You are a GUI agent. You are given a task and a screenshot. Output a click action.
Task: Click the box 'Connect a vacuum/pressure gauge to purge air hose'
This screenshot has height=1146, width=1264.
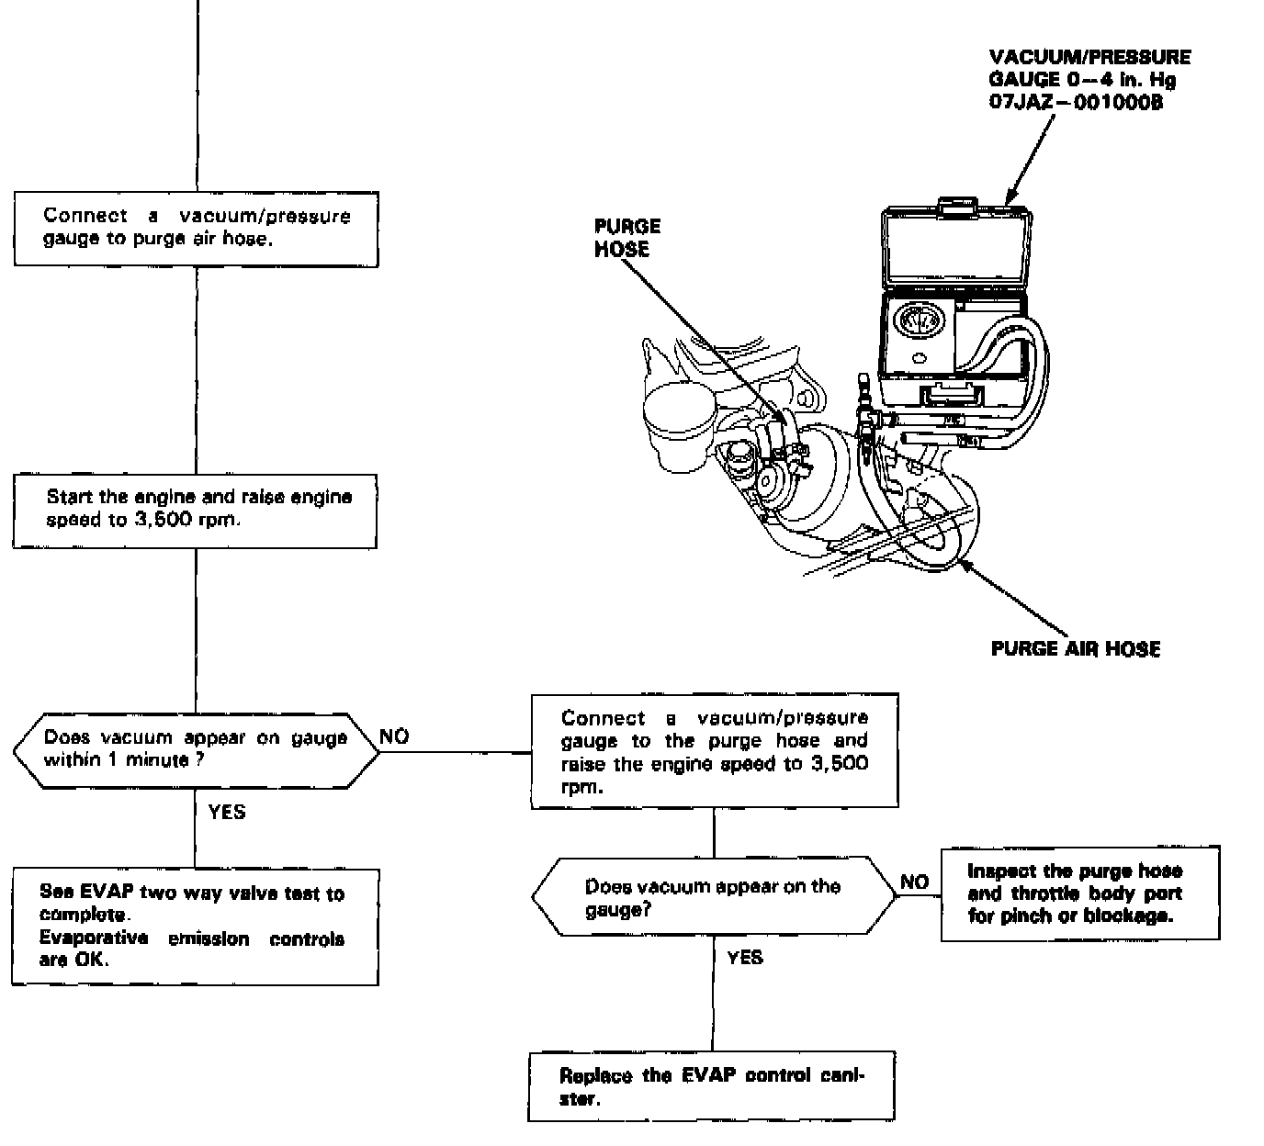tap(196, 229)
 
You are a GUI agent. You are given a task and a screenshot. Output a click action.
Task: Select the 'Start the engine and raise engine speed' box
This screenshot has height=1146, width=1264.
tap(195, 511)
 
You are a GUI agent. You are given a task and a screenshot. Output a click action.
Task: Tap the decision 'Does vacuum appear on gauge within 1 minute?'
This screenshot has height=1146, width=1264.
tap(196, 749)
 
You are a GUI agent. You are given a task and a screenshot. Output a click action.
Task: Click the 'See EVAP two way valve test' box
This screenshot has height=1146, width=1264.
tap(195, 927)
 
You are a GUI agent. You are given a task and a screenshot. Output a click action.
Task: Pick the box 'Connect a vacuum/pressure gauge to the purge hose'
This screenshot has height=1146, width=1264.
tap(715, 751)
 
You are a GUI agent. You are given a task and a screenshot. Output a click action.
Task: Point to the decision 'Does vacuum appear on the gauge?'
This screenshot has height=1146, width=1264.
tap(714, 897)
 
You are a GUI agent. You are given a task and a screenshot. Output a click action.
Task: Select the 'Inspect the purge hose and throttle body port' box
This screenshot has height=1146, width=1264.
tap(1080, 893)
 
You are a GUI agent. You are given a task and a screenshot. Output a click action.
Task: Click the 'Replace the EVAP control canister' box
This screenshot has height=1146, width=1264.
tap(711, 1086)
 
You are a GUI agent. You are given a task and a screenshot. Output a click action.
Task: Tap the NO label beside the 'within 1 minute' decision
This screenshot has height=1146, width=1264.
tap(394, 736)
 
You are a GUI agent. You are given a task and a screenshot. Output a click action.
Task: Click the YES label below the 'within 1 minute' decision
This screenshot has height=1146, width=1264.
tap(227, 813)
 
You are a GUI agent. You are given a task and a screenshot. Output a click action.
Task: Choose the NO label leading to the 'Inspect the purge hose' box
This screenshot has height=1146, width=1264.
tap(914, 882)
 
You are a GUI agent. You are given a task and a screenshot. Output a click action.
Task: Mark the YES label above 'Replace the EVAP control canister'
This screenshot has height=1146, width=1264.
tap(745, 959)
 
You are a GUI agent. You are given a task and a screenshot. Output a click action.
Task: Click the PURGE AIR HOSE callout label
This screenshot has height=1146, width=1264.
tap(1075, 649)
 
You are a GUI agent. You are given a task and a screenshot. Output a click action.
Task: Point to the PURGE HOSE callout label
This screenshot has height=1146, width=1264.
tap(627, 238)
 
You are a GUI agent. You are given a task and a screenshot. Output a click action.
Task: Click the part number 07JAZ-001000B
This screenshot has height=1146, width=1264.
tap(1076, 103)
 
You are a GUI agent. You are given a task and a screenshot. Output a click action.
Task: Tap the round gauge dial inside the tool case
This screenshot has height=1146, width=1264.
tap(915, 322)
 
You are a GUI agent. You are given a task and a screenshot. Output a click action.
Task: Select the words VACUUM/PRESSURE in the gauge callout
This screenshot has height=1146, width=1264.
tap(1089, 57)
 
